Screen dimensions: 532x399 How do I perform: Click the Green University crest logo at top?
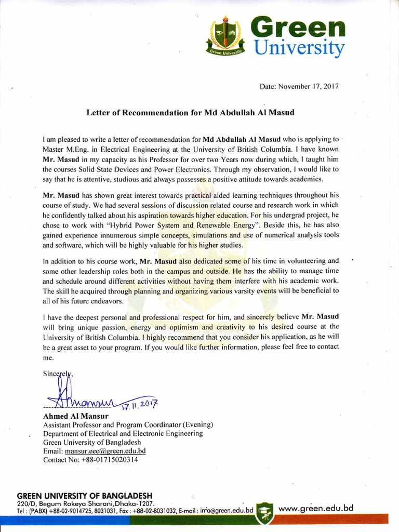tap(225, 36)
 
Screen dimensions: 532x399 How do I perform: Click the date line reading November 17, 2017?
tap(299, 86)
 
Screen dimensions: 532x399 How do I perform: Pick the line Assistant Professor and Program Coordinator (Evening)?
tap(128, 424)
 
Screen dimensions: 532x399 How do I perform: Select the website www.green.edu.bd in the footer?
tap(316, 508)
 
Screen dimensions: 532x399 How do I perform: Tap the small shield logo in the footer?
tap(265, 510)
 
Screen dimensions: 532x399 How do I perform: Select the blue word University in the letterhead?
tap(299, 48)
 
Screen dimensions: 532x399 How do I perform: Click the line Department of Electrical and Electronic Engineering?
tap(123, 433)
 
